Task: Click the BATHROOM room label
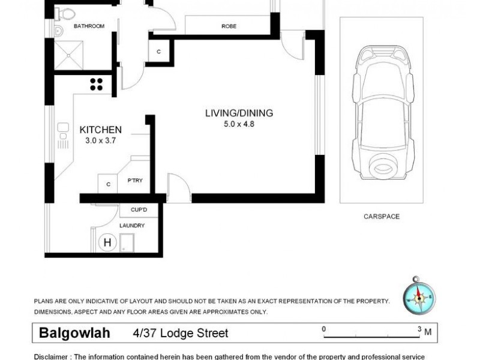pyautogui.click(x=89, y=26)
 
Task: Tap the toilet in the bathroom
pyautogui.click(x=67, y=13)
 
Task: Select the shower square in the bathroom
pyautogui.click(x=71, y=54)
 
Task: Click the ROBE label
pyautogui.click(x=229, y=26)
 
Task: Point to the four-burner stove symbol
pyautogui.click(x=96, y=84)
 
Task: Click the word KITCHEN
pyautogui.click(x=101, y=130)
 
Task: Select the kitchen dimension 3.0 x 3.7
pyautogui.click(x=101, y=141)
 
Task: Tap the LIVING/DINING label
pyautogui.click(x=239, y=113)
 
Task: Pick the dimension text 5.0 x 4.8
pyautogui.click(x=239, y=124)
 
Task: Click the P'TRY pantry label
pyautogui.click(x=135, y=180)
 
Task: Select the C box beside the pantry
pyautogui.click(x=108, y=184)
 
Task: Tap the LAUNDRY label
pyautogui.click(x=132, y=226)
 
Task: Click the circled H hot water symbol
pyautogui.click(x=107, y=242)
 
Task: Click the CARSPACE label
pyautogui.click(x=381, y=217)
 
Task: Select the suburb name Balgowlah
pyautogui.click(x=77, y=332)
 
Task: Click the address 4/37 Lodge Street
pyautogui.click(x=181, y=333)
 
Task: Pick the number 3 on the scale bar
pyautogui.click(x=419, y=329)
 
